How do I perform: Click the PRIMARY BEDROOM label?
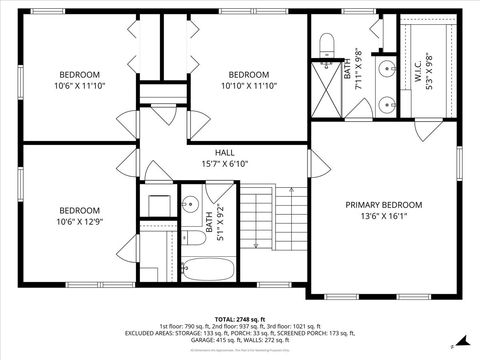pos(384,204)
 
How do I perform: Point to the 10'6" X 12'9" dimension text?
pos(79,222)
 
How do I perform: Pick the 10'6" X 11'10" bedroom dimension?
pos(79,86)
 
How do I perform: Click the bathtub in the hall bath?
pos(209,268)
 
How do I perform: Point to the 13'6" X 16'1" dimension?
pos(384,215)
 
